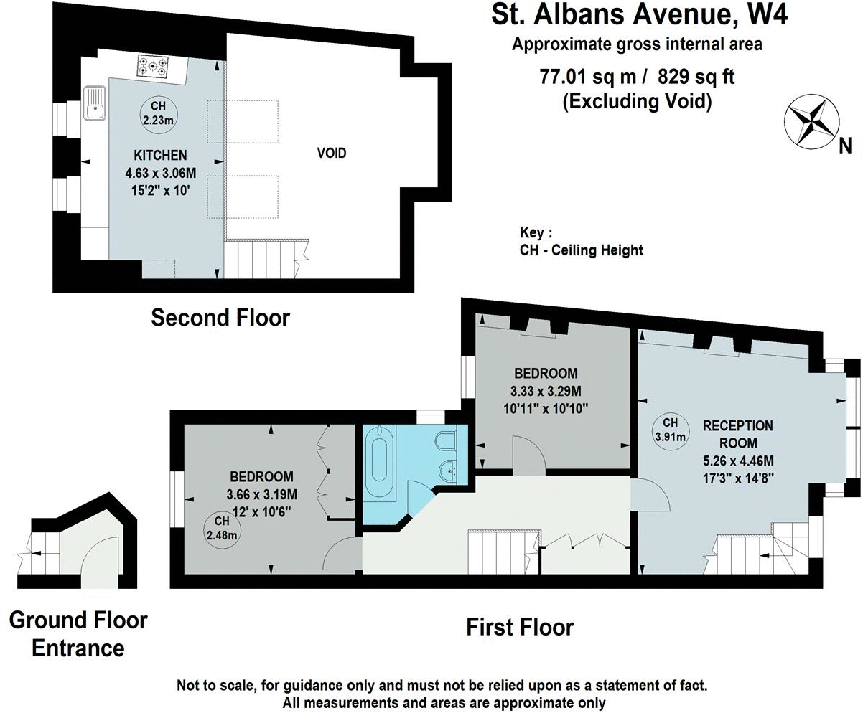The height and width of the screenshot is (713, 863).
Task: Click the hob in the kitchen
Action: (x=152, y=67)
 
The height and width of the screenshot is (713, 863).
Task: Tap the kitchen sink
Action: (x=95, y=103)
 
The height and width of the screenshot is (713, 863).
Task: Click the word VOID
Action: (x=332, y=154)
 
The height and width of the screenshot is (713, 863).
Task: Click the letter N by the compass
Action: (x=845, y=146)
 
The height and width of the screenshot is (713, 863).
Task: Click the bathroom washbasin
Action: (x=447, y=471)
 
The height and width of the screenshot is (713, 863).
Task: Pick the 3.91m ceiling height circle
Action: (x=670, y=429)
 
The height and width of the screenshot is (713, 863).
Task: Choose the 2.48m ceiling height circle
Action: (x=222, y=529)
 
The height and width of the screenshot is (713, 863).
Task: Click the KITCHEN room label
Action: (x=160, y=155)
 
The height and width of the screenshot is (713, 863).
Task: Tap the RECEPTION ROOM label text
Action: (x=738, y=434)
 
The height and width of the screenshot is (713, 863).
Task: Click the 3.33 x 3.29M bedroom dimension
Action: (x=546, y=391)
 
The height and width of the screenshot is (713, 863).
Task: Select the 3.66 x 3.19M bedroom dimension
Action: (x=262, y=494)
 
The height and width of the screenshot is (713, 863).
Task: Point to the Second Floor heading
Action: (x=220, y=318)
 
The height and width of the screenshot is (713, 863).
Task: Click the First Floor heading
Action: (x=520, y=627)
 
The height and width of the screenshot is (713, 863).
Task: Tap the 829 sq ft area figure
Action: (x=696, y=77)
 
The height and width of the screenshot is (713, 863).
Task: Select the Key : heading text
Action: (x=536, y=233)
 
